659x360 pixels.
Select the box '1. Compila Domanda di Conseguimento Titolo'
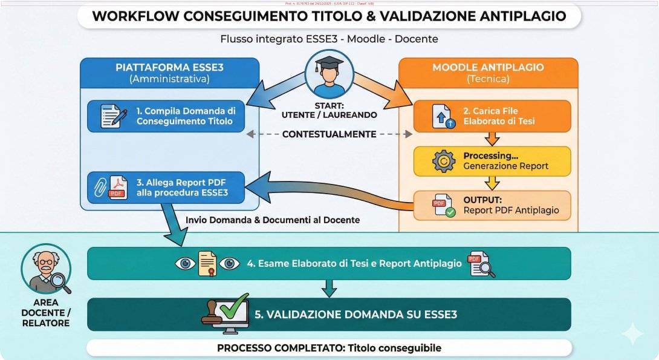tap(166, 116)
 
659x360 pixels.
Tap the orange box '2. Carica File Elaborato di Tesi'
tap(492, 116)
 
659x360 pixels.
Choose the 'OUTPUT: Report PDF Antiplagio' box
tap(492, 205)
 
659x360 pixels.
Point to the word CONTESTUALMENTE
tap(330, 134)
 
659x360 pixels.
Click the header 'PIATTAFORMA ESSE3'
tap(170, 67)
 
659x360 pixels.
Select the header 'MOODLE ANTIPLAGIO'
tap(489, 67)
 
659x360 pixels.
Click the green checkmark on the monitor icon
tap(233, 306)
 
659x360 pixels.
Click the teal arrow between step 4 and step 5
tap(328, 288)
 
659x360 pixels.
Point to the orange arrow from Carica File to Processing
tap(492, 139)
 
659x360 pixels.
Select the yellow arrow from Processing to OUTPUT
tap(492, 183)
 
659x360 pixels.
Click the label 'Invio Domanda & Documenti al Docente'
tap(273, 220)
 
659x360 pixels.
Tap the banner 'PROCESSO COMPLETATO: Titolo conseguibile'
tap(329, 348)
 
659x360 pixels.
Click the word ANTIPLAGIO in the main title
tap(519, 16)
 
